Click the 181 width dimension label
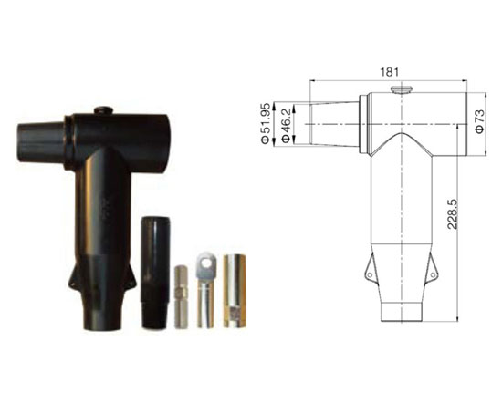390,72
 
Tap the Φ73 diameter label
480,121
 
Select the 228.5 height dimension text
453,214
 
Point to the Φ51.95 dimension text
266,123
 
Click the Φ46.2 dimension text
286,125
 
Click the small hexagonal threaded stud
181,296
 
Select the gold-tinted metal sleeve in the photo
234,291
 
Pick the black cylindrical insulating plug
155,273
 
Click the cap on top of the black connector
103,110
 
